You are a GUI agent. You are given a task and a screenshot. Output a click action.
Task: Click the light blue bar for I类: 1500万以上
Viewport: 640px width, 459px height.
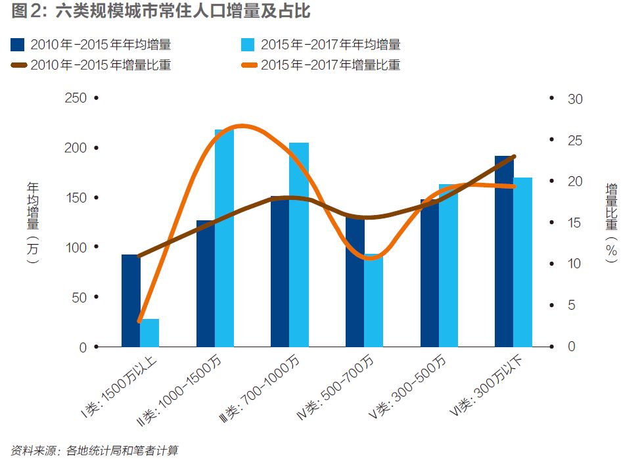click(x=150, y=333)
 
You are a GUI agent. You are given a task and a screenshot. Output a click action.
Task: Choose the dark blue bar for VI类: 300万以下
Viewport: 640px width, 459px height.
click(x=504, y=251)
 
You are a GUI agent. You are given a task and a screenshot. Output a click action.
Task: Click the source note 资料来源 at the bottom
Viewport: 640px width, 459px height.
click(x=95, y=450)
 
